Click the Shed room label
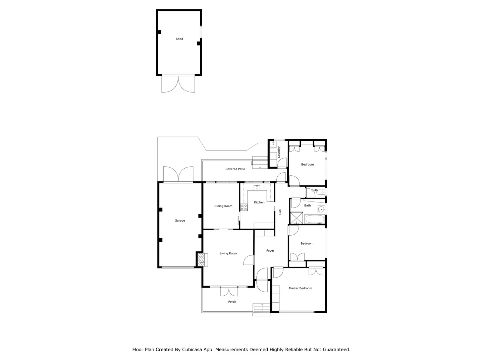pyautogui.click(x=179, y=39)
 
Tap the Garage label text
pyautogui.click(x=180, y=221)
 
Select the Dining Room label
pyautogui.click(x=223, y=206)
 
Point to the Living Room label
pyautogui.click(x=228, y=253)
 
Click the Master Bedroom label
pyautogui.click(x=301, y=288)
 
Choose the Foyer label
pyautogui.click(x=270, y=251)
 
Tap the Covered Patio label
pyautogui.click(x=235, y=169)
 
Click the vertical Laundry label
pyautogui.click(x=279, y=152)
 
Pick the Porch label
pyautogui.click(x=232, y=302)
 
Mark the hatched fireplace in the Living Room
pyautogui.click(x=201, y=259)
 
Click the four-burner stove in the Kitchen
pyautogui.click(x=244, y=207)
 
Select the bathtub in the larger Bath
pyautogui.click(x=315, y=220)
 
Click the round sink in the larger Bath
pyautogui.click(x=321, y=209)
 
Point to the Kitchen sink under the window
pyautogui.click(x=257, y=188)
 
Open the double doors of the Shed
pyautogui.click(x=178, y=84)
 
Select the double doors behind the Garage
pyautogui.click(x=178, y=174)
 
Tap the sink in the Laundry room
pyautogui.click(x=273, y=144)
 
